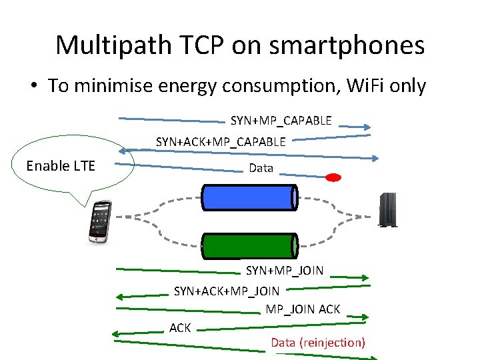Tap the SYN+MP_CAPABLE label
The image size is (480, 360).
pos(281,121)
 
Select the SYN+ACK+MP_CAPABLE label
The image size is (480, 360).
pos(221,141)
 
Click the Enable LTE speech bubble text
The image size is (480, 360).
pos(61,166)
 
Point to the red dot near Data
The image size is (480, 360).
pos(333,177)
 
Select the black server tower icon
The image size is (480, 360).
pos(387,209)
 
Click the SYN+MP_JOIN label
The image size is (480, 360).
pos(285,271)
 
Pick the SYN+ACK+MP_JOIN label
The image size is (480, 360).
pos(227,291)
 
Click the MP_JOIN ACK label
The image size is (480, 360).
pos(303,309)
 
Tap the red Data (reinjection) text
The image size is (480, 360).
pos(318,343)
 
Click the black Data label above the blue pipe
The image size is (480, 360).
pos(261,168)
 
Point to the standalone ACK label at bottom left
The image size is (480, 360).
pos(180,327)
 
